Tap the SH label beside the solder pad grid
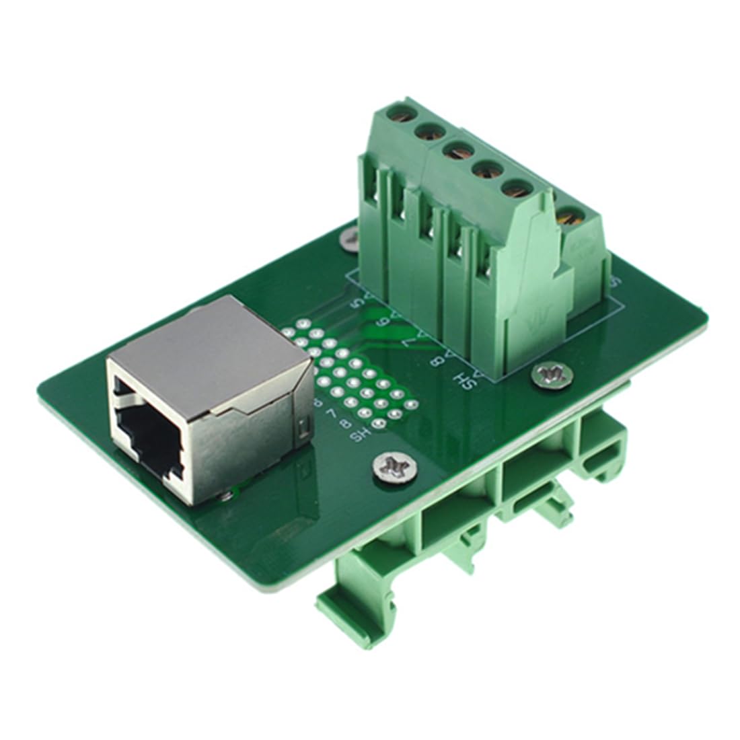pyautogui.click(x=361, y=436)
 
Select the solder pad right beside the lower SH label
pyautogui.click(x=379, y=424)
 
